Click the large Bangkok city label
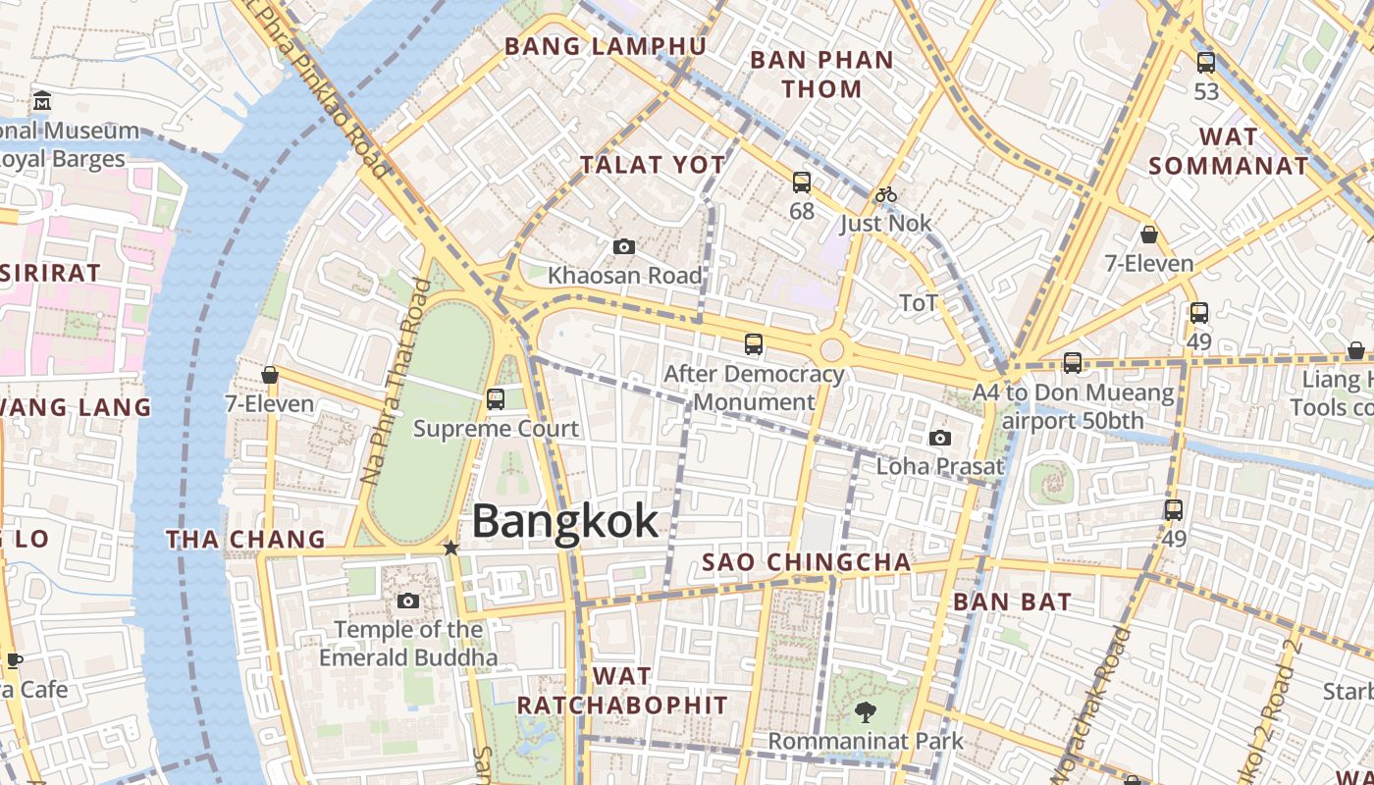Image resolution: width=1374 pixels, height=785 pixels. pyautogui.click(x=564, y=521)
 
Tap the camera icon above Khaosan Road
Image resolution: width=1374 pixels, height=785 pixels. pyautogui.click(x=623, y=246)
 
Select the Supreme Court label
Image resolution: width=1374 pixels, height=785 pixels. pyautogui.click(x=496, y=429)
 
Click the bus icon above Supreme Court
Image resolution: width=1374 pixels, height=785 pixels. pyautogui.click(x=496, y=398)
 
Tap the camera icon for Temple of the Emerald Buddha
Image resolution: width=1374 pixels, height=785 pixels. pyautogui.click(x=408, y=601)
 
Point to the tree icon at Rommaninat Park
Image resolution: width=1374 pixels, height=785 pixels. pyautogui.click(x=865, y=712)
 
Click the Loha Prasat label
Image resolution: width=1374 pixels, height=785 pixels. pyautogui.click(x=939, y=466)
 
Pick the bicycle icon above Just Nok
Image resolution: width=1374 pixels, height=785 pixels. pyautogui.click(x=886, y=194)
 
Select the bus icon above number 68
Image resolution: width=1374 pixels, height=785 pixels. pyautogui.click(x=802, y=182)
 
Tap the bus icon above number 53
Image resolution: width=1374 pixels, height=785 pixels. pyautogui.click(x=1206, y=63)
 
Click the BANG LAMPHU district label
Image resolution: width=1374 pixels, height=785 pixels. pyautogui.click(x=605, y=46)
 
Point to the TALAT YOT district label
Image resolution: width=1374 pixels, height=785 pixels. pyautogui.click(x=652, y=165)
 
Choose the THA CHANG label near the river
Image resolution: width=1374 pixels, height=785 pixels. pyautogui.click(x=245, y=539)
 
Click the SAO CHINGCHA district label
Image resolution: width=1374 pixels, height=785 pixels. pyautogui.click(x=807, y=562)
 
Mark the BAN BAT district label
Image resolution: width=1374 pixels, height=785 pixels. pyautogui.click(x=1012, y=602)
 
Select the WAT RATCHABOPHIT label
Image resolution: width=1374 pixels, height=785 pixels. pyautogui.click(x=622, y=691)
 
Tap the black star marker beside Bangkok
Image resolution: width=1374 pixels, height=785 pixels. pyautogui.click(x=450, y=548)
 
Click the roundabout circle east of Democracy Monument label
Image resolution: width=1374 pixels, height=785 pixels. pyautogui.click(x=832, y=349)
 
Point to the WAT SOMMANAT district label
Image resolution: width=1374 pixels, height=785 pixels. pyautogui.click(x=1228, y=151)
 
